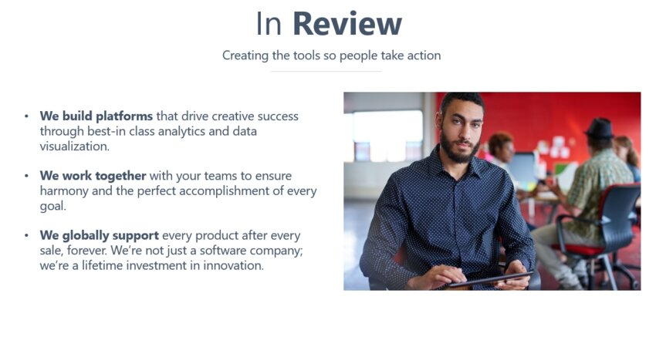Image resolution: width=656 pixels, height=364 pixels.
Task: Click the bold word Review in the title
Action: coord(347,24)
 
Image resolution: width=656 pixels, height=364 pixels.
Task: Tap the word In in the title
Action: coord(269,24)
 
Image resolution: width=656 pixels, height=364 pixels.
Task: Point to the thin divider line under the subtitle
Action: coord(326,72)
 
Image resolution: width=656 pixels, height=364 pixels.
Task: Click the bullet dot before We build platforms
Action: coord(27,116)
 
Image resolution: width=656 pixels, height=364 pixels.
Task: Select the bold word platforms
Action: coord(124,116)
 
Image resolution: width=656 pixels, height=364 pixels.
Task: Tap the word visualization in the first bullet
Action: coord(73,147)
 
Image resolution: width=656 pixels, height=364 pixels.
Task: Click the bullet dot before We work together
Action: coord(27,176)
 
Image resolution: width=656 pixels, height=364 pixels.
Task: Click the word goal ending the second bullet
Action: coord(52,206)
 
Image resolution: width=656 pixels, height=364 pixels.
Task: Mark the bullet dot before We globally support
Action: coord(27,236)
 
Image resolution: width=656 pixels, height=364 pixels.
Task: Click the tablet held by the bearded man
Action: coord(490,280)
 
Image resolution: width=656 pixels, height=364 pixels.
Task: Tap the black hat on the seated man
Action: coord(599,128)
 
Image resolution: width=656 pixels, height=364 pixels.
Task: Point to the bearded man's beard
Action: coord(459,149)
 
